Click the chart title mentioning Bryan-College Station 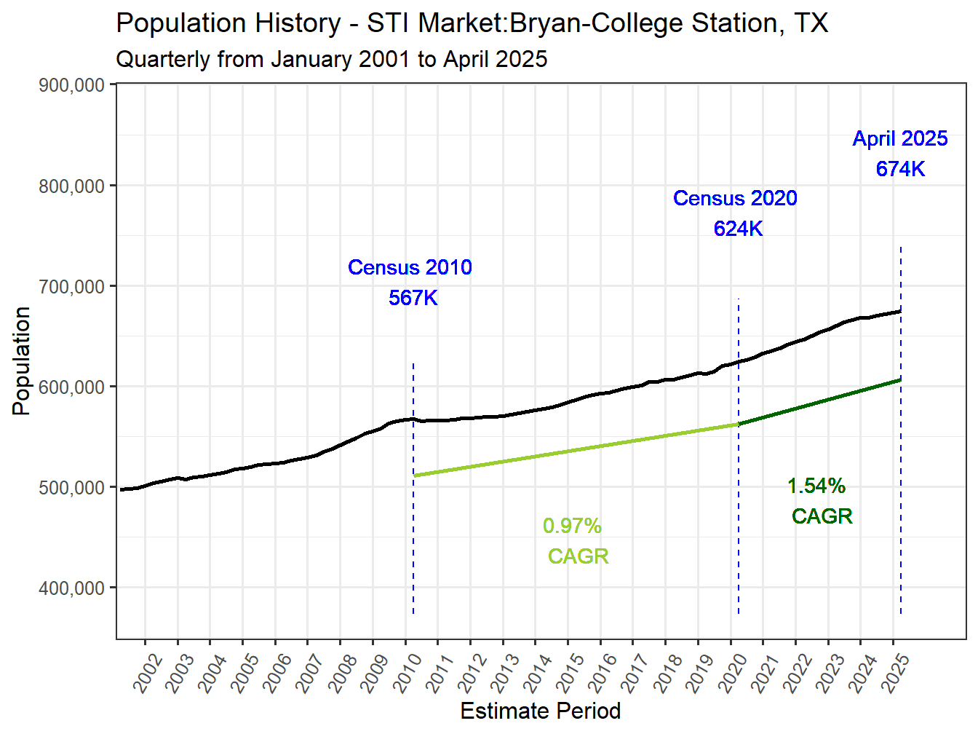pyautogui.click(x=472, y=23)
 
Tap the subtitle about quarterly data pyautogui.click(x=331, y=59)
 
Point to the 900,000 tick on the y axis pyautogui.click(x=71, y=85)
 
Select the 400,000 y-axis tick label pyautogui.click(x=71, y=588)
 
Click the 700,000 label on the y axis pyautogui.click(x=71, y=287)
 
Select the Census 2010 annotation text pyautogui.click(x=410, y=267)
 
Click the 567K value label pyautogui.click(x=413, y=298)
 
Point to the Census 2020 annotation pyautogui.click(x=735, y=198)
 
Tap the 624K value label pyautogui.click(x=738, y=229)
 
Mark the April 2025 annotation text pyautogui.click(x=900, y=138)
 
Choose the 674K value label pyautogui.click(x=900, y=169)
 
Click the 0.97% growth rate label pyautogui.click(x=572, y=526)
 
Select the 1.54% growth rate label pyautogui.click(x=816, y=486)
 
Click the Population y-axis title pyautogui.click(x=21, y=361)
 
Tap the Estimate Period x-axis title pyautogui.click(x=540, y=711)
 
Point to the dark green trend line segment pyautogui.click(x=819, y=402)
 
